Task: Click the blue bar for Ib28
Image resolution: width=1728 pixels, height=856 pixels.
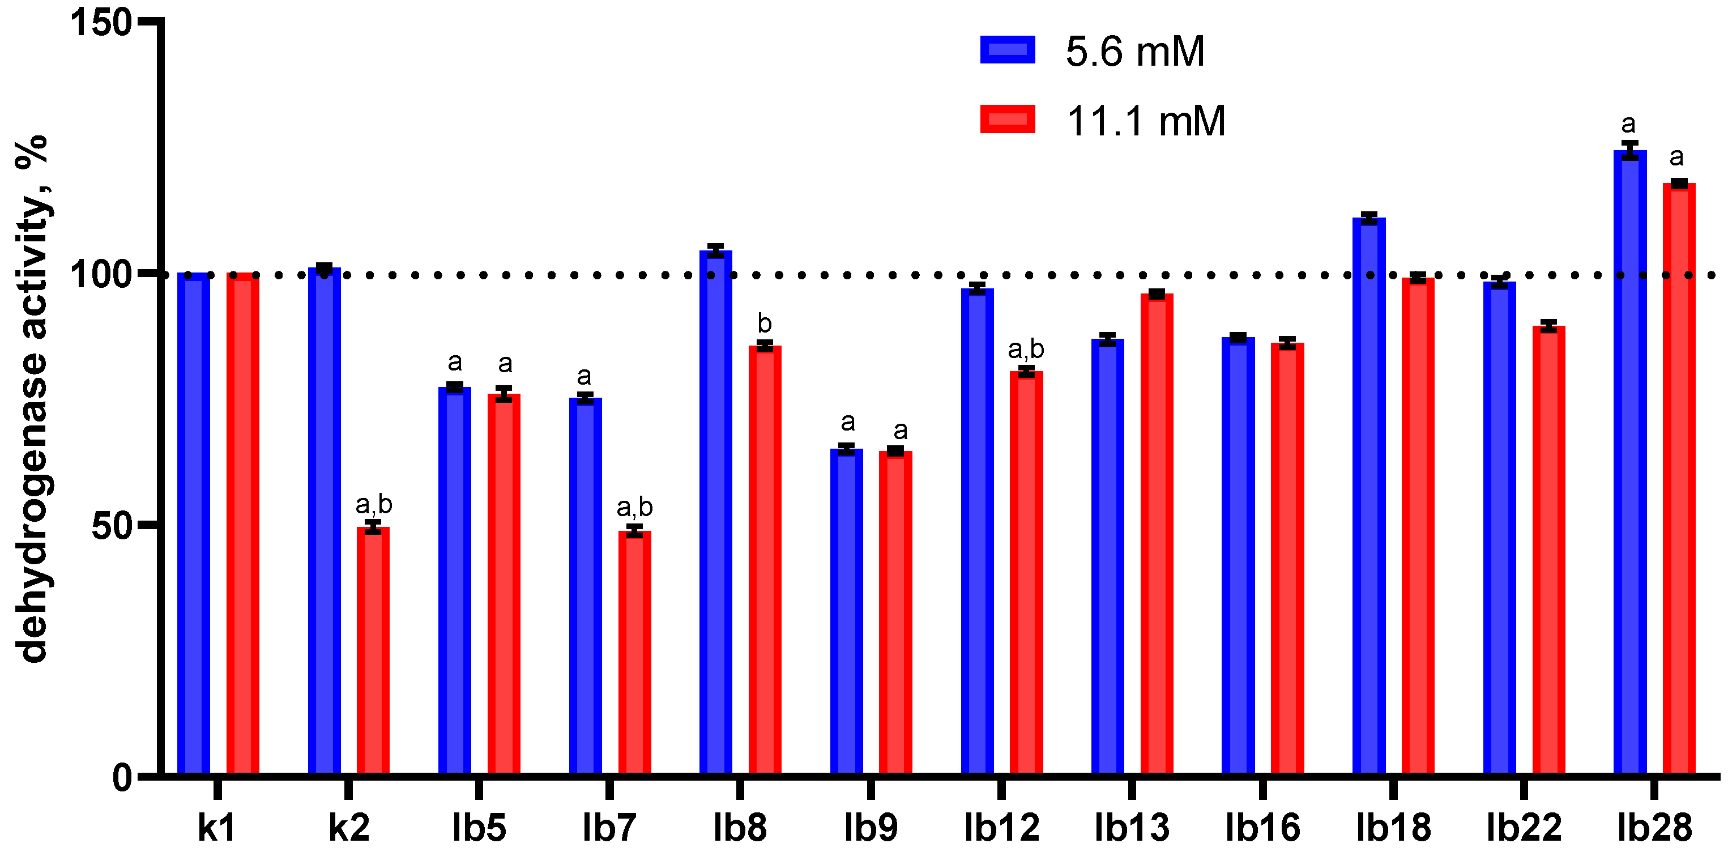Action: [1629, 463]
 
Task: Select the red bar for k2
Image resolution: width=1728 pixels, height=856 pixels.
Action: [373, 651]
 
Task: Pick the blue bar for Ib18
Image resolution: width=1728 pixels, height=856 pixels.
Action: [1368, 496]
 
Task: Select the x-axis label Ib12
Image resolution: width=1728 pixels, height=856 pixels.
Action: [1001, 828]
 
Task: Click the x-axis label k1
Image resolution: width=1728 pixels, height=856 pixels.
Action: [217, 828]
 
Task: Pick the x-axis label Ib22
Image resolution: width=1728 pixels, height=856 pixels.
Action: [1524, 828]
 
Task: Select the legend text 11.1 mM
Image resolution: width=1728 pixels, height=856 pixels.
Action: [1145, 121]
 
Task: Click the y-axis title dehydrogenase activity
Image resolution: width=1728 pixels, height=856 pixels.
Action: [33, 399]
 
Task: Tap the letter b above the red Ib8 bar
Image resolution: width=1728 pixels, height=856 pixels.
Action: [764, 323]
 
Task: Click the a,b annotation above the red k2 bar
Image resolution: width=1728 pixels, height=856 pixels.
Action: [374, 504]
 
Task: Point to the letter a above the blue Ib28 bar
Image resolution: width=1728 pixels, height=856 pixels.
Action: [1628, 124]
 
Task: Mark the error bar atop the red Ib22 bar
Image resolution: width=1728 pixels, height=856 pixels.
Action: [1549, 326]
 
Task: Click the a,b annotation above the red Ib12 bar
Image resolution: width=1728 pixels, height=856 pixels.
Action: [1026, 349]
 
